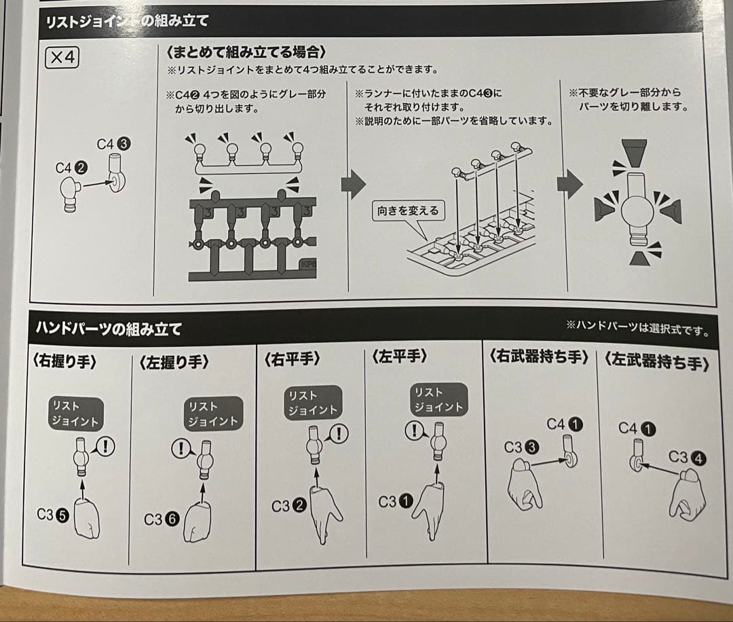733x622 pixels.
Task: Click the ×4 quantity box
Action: [62, 58]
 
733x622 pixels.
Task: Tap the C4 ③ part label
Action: [113, 144]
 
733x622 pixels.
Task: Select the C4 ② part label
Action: [71, 168]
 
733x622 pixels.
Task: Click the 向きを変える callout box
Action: [408, 211]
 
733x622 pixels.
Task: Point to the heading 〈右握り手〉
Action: [64, 361]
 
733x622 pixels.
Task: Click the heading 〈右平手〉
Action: [292, 359]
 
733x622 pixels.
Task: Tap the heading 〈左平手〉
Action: [400, 356]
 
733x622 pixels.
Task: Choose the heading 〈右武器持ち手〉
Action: [539, 356]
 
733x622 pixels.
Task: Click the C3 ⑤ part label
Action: [53, 515]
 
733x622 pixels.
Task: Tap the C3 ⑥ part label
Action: [162, 519]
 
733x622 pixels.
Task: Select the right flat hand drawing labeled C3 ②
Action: [324, 515]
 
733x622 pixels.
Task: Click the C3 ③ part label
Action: [521, 447]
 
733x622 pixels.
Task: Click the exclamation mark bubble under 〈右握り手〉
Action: [105, 447]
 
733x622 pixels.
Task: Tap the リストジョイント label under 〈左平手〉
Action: [439, 399]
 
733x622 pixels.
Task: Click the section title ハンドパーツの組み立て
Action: [109, 329]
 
